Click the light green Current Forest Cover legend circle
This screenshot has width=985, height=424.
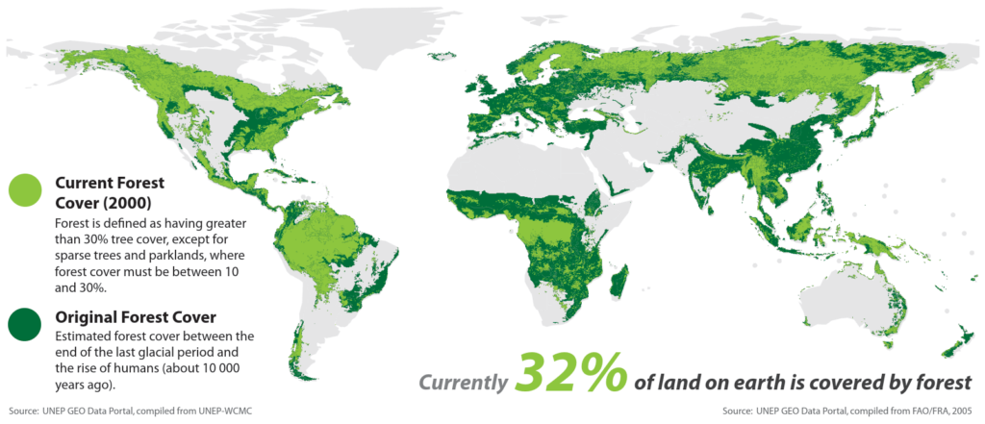point(25,190)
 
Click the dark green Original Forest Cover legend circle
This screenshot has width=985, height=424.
point(25,323)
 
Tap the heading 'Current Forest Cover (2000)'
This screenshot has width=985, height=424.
point(111,191)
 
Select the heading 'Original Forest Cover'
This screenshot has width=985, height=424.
point(135,316)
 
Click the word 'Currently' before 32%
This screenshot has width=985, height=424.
point(462,383)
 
